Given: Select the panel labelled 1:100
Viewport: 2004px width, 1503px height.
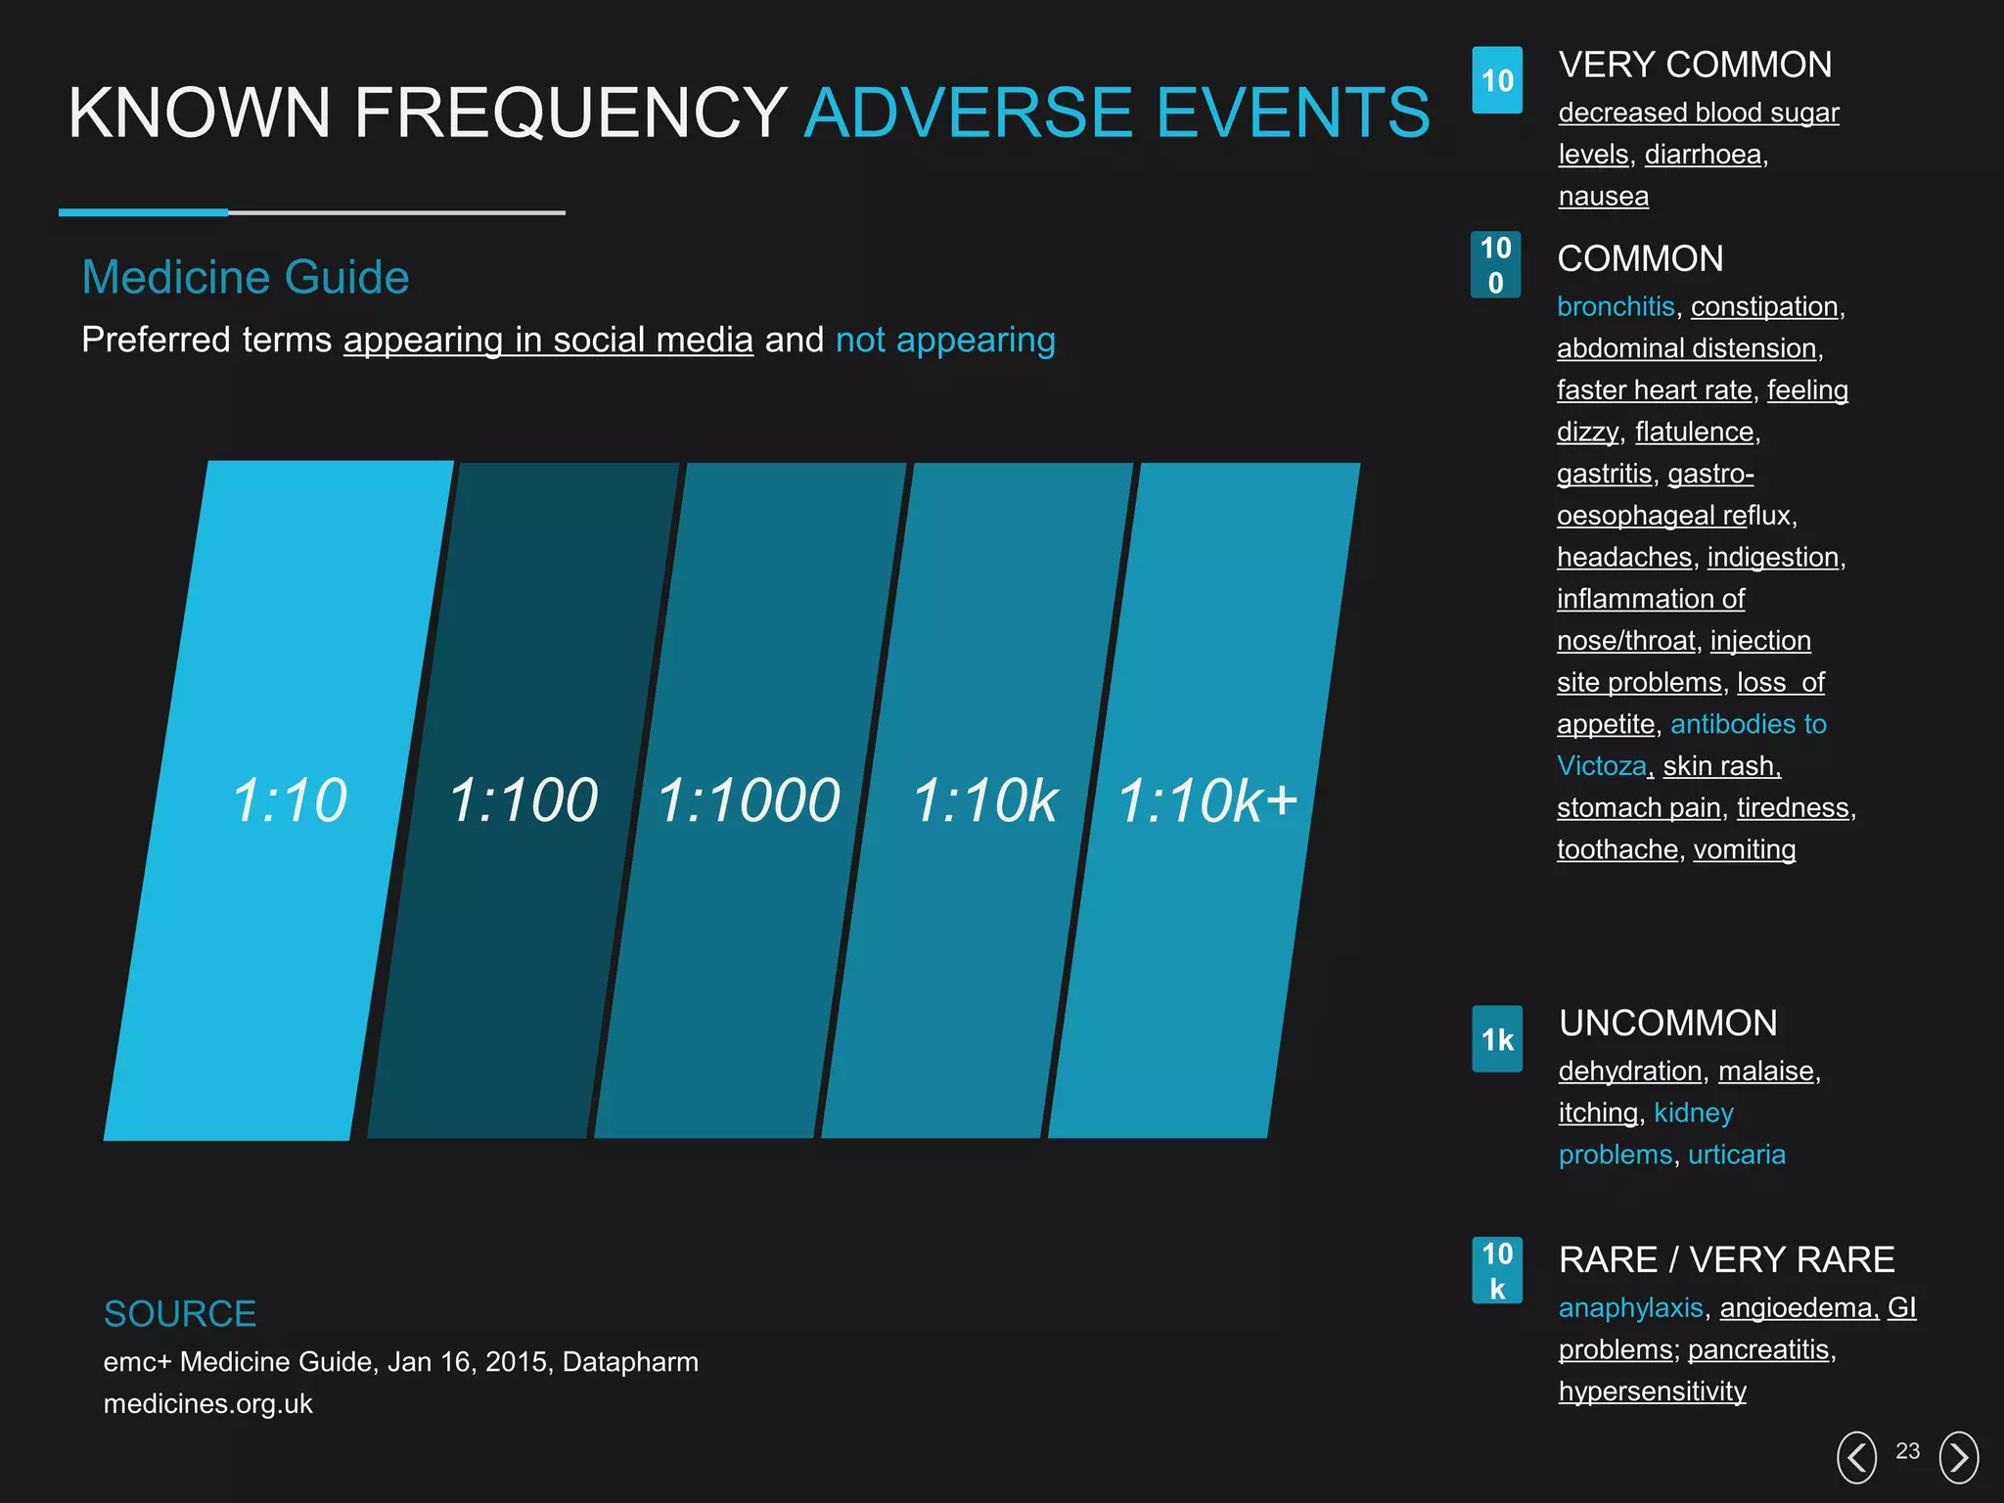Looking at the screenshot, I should point(524,800).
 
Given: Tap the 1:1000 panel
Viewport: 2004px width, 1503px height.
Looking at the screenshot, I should point(750,800).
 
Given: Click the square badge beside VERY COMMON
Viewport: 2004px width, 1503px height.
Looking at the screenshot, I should point(1496,80).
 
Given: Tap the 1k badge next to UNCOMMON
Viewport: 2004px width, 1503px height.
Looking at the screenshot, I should point(1496,1039).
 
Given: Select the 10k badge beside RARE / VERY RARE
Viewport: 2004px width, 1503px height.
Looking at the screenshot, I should point(1496,1270).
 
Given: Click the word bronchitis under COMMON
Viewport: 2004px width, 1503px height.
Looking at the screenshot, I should point(1615,306).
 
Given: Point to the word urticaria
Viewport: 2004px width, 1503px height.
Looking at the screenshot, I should point(1736,1155).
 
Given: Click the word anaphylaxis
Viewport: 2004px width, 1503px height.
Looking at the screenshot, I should point(1630,1308).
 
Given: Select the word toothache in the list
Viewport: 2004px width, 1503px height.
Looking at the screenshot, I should point(1617,849).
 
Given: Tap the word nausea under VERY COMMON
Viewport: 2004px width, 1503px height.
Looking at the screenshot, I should point(1603,197).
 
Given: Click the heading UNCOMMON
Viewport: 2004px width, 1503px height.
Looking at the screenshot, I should point(1667,1024).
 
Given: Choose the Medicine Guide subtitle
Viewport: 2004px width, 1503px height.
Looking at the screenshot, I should point(245,277).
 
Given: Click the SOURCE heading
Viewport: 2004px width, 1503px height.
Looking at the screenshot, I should point(180,1314).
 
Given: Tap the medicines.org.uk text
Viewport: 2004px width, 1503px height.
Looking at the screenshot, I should point(207,1404).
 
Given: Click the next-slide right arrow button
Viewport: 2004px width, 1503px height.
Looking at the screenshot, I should point(1958,1457).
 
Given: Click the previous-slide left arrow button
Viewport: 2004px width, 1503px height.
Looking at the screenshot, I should point(1856,1457).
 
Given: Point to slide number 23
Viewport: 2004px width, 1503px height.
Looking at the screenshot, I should point(1907,1451).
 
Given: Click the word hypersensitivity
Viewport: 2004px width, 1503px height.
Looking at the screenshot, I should point(1652,1391).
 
